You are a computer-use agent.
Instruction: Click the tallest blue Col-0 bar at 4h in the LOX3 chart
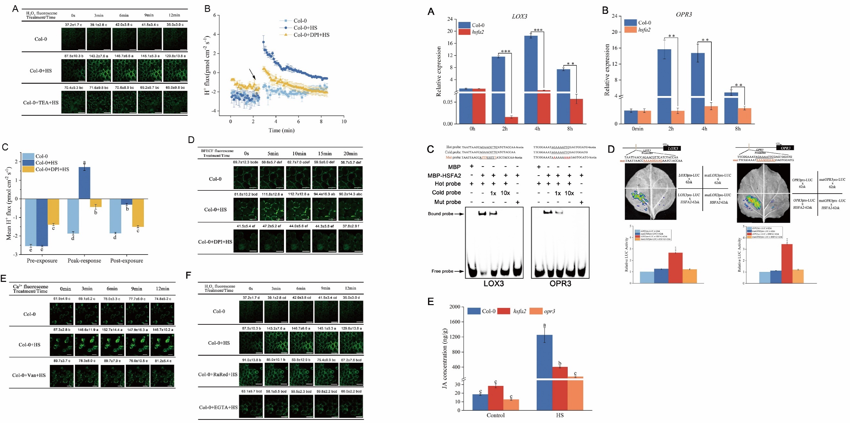[x=538, y=62]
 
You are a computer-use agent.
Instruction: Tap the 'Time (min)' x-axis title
[x=281, y=130]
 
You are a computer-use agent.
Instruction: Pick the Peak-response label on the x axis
[x=84, y=260]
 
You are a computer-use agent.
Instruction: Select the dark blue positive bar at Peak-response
[x=84, y=183]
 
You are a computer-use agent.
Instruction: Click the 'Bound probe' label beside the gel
[x=441, y=214]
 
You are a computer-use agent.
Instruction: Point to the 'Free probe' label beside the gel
[x=442, y=271]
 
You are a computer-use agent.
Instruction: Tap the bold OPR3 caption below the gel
[x=560, y=284]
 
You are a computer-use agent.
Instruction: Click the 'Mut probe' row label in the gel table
[x=447, y=202]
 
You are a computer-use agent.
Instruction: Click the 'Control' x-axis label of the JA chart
[x=496, y=415]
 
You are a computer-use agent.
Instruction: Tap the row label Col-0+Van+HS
[x=29, y=375]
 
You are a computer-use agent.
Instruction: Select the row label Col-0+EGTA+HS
[x=218, y=407]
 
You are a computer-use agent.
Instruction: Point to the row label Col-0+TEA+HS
[x=41, y=102]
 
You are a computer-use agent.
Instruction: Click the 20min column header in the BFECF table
[x=350, y=154]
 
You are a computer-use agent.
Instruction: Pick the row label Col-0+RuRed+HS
[x=218, y=374]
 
